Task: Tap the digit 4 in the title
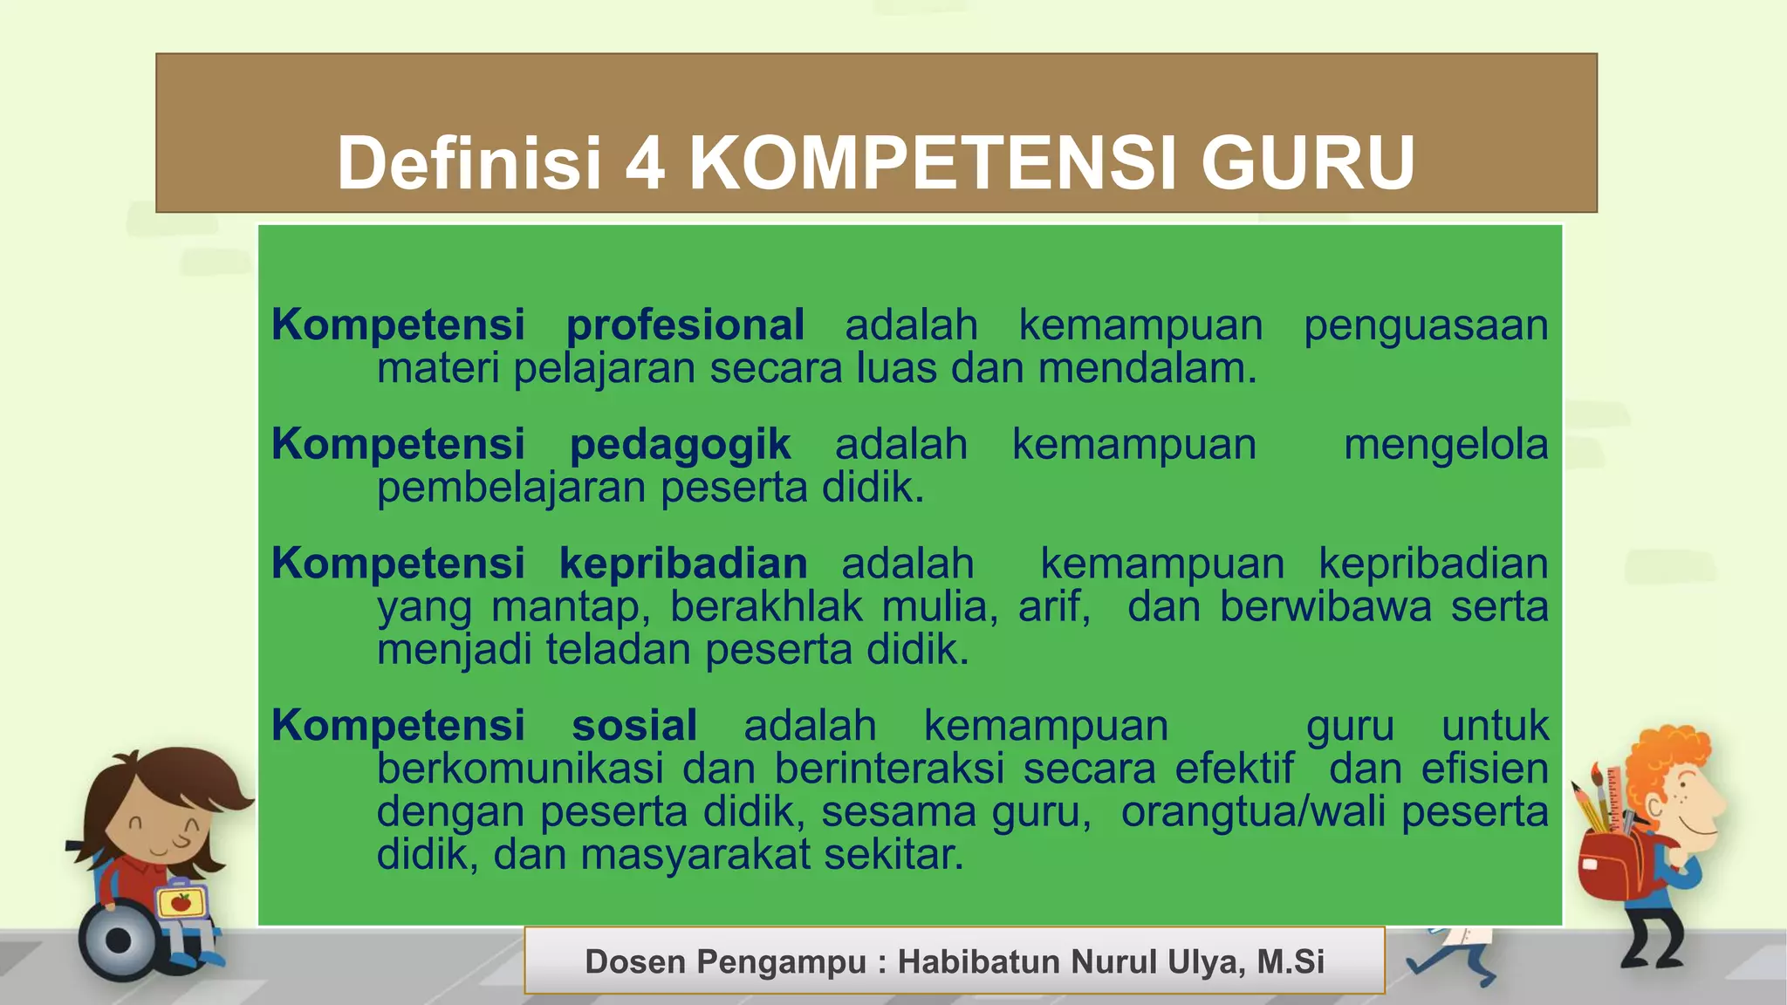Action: point(645,163)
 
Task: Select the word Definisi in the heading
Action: point(469,163)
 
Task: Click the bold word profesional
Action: point(685,326)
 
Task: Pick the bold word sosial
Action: point(634,726)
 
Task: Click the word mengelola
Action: point(1446,445)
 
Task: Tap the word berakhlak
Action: point(766,607)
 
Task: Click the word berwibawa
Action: point(1325,607)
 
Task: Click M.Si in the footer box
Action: point(1291,962)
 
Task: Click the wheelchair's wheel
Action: point(119,941)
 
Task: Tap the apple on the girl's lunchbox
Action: point(181,902)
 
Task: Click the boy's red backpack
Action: point(1611,864)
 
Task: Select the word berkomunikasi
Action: point(520,769)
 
